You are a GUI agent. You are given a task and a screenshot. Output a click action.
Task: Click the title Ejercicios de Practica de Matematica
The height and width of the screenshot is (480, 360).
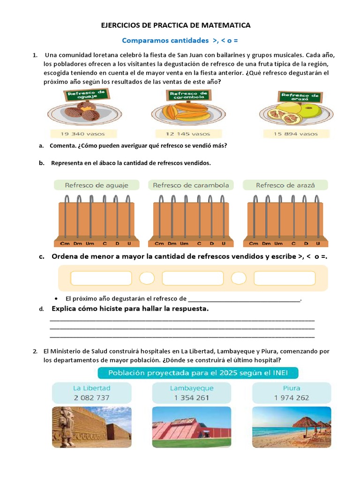pyautogui.click(x=176, y=25)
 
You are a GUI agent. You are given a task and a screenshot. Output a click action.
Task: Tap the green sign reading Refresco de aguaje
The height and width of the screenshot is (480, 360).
pyautogui.click(x=87, y=95)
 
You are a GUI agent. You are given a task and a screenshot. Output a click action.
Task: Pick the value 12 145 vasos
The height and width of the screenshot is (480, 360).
pyautogui.click(x=188, y=134)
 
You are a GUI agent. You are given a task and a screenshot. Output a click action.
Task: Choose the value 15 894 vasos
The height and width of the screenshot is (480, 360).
pyautogui.click(x=296, y=134)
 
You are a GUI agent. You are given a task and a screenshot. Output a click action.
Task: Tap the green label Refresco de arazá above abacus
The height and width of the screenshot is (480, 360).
pyautogui.click(x=285, y=185)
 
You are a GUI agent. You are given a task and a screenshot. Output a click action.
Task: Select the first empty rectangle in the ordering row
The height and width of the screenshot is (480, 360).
pyautogui.click(x=101, y=278)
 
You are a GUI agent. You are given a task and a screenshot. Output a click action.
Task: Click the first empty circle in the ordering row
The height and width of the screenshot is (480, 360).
pyautogui.click(x=147, y=278)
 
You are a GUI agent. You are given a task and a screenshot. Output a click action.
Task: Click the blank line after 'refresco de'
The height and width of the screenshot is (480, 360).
pyautogui.click(x=244, y=299)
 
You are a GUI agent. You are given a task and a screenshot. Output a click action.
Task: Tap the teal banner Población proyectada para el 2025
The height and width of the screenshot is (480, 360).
pyautogui.click(x=198, y=374)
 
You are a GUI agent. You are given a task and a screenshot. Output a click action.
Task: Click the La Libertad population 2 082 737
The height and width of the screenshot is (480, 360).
pyautogui.click(x=91, y=397)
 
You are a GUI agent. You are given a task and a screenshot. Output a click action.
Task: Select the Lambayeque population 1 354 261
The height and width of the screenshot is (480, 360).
pyautogui.click(x=191, y=397)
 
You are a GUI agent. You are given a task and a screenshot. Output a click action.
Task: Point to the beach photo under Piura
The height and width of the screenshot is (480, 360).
pyautogui.click(x=291, y=427)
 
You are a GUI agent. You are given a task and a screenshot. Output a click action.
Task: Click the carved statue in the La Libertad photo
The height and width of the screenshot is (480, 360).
pyautogui.click(x=66, y=427)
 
